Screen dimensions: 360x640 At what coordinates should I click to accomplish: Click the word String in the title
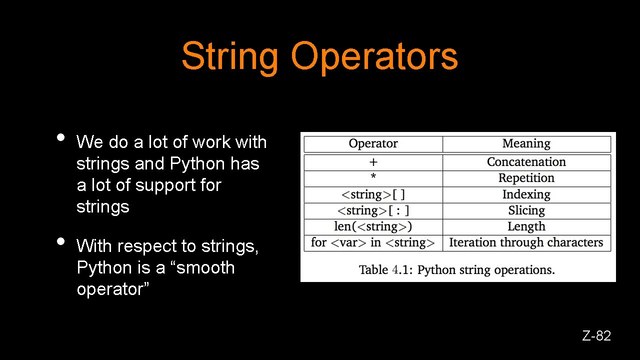coord(229,56)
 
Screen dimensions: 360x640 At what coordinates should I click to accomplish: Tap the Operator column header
coord(373,144)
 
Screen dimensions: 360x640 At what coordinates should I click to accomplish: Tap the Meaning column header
coord(526,144)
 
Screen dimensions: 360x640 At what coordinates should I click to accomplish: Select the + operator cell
coord(373,162)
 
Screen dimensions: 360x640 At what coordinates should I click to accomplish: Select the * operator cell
coord(373,178)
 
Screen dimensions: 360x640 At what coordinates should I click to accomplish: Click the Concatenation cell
coord(526,162)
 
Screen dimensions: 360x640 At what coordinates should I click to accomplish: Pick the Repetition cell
coord(526,178)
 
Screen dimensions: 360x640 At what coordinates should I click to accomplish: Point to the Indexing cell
coord(526,194)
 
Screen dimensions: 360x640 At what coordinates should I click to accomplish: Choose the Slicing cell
coord(526,210)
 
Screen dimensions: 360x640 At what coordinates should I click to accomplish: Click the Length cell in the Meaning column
coord(526,226)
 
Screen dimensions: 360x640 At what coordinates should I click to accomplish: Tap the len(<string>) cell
coord(373,226)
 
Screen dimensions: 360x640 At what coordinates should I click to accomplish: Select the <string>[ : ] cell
coord(373,210)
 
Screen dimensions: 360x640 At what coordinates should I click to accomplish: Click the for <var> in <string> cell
coord(373,243)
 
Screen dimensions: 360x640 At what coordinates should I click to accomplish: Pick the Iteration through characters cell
coord(526,243)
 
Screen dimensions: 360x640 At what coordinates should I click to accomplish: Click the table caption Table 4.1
coord(456,270)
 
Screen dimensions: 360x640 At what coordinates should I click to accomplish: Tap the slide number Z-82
coord(596,336)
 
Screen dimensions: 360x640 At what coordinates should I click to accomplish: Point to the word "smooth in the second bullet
coord(203,268)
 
